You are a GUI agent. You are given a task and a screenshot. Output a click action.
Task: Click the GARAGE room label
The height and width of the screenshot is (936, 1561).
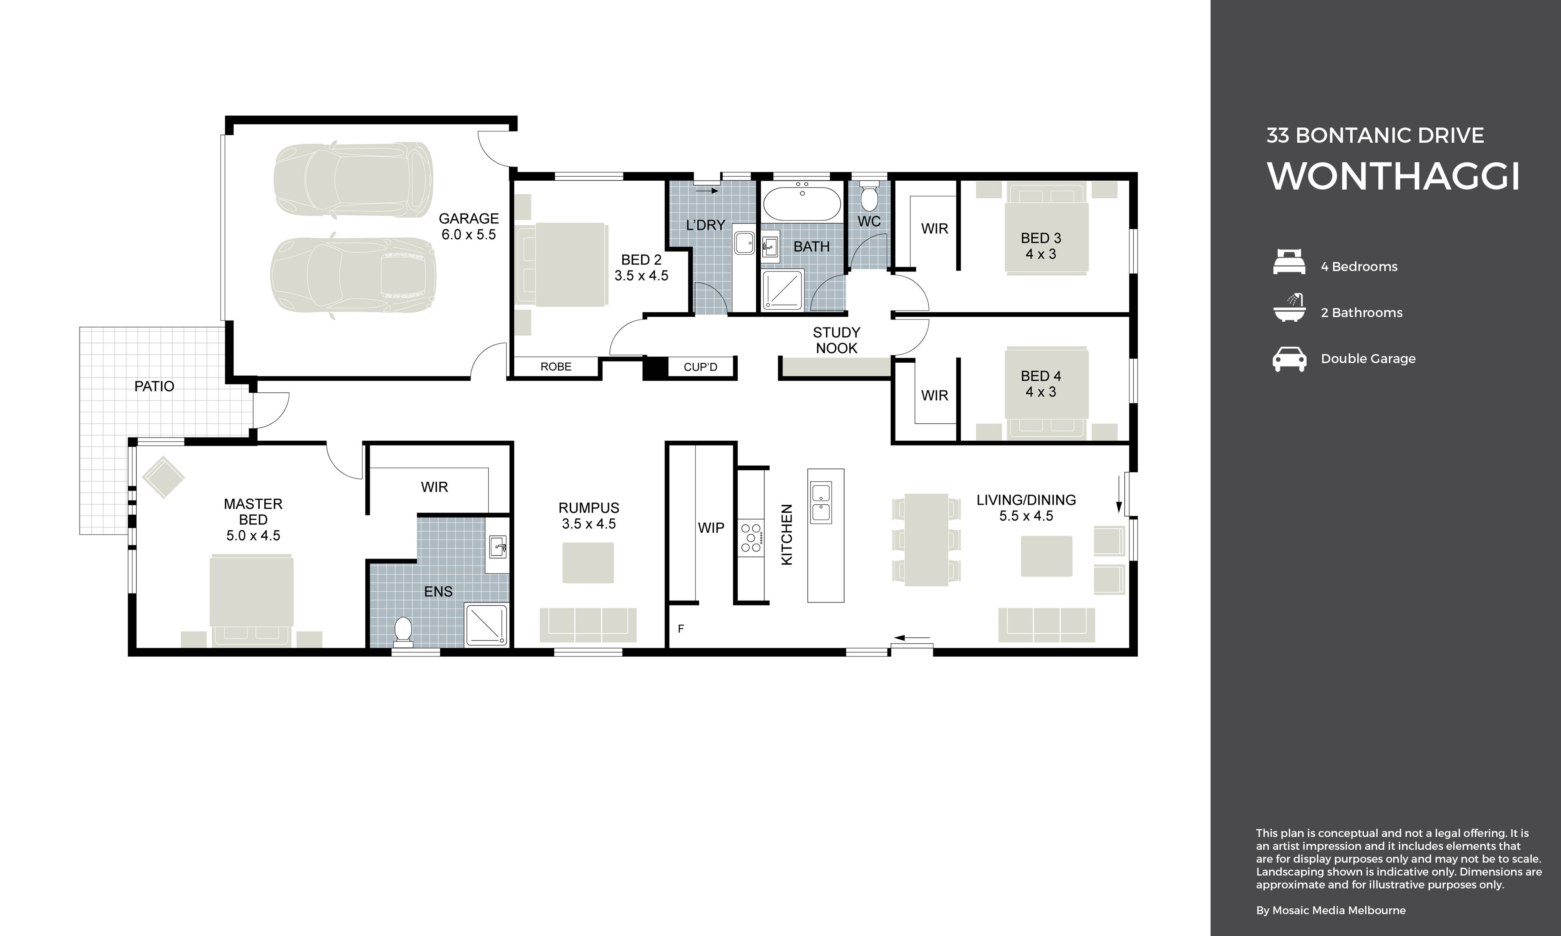pyautogui.click(x=468, y=218)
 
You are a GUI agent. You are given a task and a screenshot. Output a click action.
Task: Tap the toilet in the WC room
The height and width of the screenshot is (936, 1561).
pyautogui.click(x=869, y=197)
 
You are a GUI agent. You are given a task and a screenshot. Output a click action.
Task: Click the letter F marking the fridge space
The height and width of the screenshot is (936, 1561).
pyautogui.click(x=681, y=628)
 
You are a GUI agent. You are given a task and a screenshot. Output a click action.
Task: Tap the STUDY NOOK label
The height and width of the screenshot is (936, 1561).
pyautogui.click(x=836, y=340)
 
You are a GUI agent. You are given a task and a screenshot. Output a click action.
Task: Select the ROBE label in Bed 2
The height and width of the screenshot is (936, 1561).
pyautogui.click(x=555, y=367)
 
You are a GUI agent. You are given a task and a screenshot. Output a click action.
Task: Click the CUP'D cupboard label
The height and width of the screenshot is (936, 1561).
pyautogui.click(x=700, y=367)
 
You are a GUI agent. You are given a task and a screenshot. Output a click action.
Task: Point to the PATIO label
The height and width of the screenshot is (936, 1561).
pyautogui.click(x=154, y=386)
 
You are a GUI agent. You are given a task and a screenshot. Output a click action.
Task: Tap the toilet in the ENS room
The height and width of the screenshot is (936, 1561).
pyautogui.click(x=403, y=630)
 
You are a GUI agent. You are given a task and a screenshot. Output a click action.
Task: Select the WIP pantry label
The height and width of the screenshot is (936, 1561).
pyautogui.click(x=711, y=528)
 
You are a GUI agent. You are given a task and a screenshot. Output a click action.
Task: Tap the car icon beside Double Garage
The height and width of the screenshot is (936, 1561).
pyautogui.click(x=1289, y=359)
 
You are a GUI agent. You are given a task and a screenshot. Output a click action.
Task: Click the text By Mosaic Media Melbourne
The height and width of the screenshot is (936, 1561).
pyautogui.click(x=1331, y=910)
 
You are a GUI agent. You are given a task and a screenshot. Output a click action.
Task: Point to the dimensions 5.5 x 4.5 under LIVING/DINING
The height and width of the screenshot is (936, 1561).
pyautogui.click(x=1026, y=516)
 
